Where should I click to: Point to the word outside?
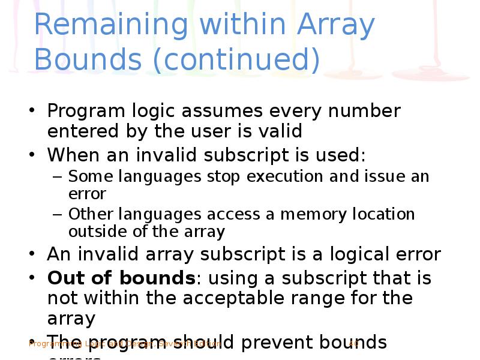pos(97,232)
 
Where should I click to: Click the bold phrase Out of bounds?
pos(122,278)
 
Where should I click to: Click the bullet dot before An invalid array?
pos(32,254)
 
